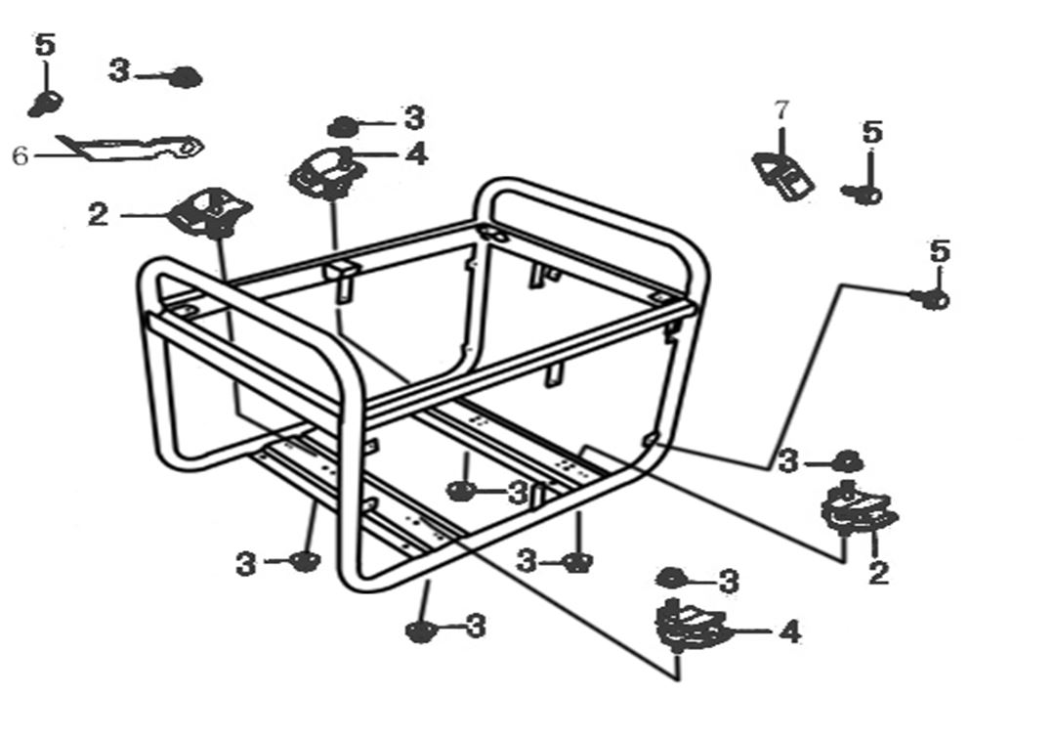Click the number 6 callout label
[x=21, y=155]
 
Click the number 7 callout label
[x=780, y=110]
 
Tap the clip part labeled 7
[x=783, y=176]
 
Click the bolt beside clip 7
[x=864, y=195]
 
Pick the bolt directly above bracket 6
[x=45, y=102]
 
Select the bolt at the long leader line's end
[x=932, y=299]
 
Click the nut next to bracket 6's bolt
[x=184, y=76]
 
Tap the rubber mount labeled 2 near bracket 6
[x=210, y=212]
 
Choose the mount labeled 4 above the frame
[x=328, y=173]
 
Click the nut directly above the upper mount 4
[x=342, y=126]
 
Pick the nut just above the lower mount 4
[x=671, y=578]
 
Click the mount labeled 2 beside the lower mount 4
[x=858, y=510]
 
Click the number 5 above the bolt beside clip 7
[x=872, y=132]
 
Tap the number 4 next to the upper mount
[x=417, y=153]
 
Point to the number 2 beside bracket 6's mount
[x=98, y=215]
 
